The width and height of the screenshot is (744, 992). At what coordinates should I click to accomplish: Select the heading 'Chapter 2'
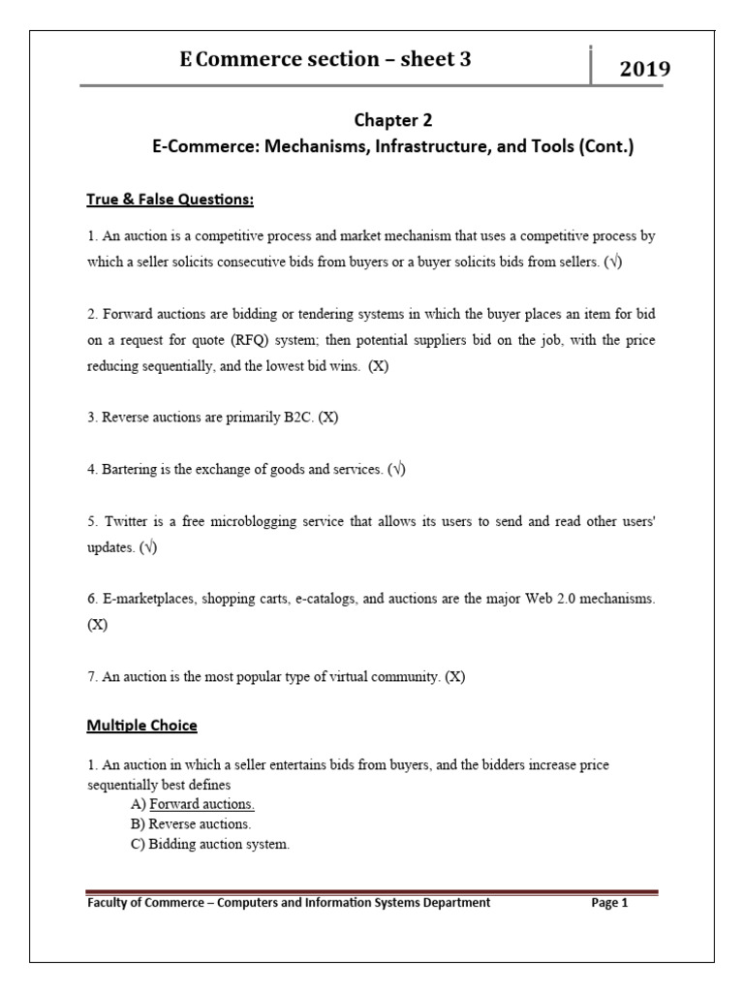pyautogui.click(x=393, y=120)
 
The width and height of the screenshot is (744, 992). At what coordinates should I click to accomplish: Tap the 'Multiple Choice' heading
pyautogui.click(x=141, y=725)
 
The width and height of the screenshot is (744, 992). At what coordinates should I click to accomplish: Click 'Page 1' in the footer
pyautogui.click(x=610, y=903)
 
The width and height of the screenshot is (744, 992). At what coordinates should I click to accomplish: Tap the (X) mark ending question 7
pyautogui.click(x=455, y=677)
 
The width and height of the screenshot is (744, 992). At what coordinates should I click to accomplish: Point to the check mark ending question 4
pyautogui.click(x=396, y=469)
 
